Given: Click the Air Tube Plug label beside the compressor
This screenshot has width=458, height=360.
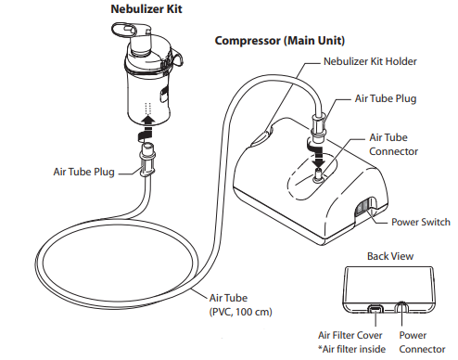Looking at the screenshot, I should point(387,96).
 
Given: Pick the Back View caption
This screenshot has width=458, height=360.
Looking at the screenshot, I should point(389,254).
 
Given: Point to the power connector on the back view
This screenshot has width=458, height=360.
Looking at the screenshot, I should point(401,308).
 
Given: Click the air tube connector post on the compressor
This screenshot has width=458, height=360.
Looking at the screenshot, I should point(318,168).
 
